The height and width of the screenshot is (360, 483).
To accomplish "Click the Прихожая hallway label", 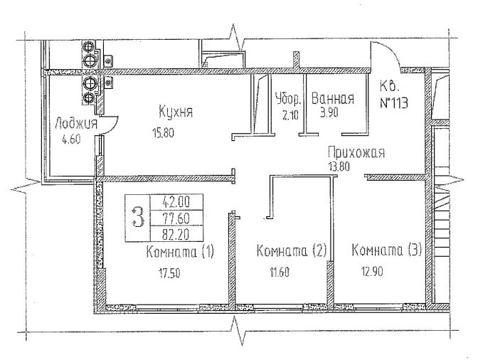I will pyautogui.click(x=356, y=152).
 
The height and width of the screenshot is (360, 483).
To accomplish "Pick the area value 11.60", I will pyautogui.click(x=279, y=271).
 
